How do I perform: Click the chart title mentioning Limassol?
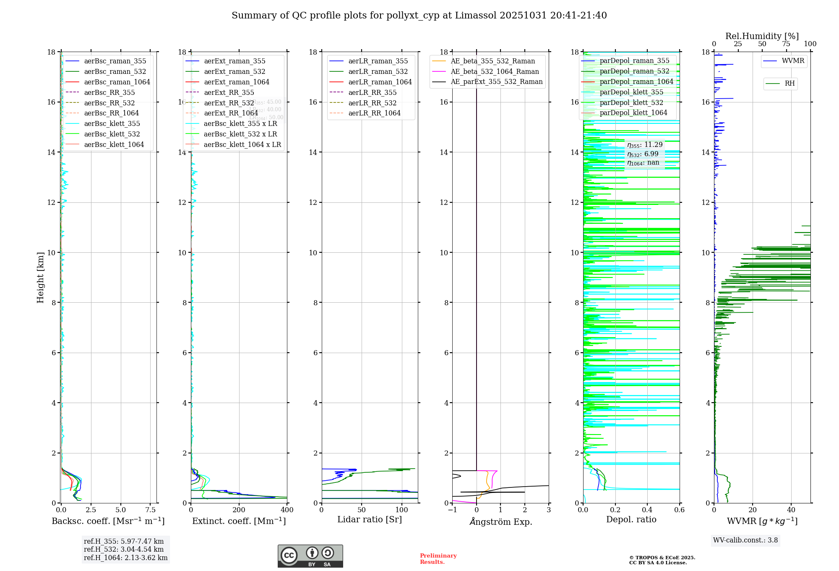(419, 16)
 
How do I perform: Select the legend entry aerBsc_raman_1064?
(117, 82)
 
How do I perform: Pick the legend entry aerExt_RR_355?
(229, 92)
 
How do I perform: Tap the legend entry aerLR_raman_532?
(378, 71)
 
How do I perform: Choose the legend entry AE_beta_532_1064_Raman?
(495, 71)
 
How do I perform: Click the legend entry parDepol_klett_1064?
(633, 113)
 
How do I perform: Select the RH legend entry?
(789, 84)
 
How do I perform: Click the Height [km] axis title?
(40, 277)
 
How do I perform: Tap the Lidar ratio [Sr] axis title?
(369, 519)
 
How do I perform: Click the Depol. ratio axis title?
(631, 519)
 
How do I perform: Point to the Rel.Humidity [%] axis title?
(762, 36)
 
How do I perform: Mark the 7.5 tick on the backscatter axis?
(150, 510)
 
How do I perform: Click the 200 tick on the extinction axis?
(239, 510)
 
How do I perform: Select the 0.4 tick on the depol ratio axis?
(647, 510)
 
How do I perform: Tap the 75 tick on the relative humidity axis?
(786, 44)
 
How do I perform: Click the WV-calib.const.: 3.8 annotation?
(745, 540)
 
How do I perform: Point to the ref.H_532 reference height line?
(123, 549)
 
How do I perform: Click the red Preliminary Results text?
(438, 559)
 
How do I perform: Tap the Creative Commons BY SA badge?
(310, 556)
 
